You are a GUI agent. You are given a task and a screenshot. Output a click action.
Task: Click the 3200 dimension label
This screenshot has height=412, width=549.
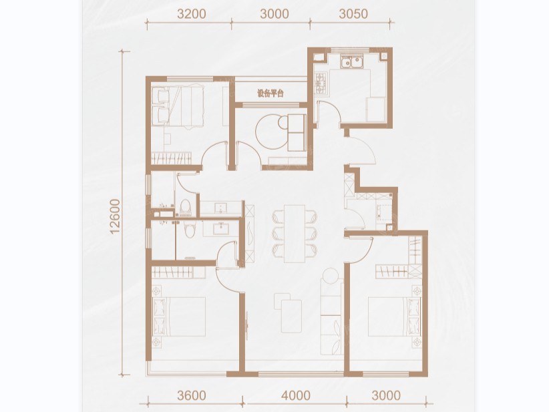(x=192, y=14)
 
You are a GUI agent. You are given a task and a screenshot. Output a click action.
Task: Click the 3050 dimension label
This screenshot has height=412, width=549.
(x=353, y=14)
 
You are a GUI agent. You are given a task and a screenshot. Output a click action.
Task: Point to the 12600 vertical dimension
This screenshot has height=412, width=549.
(x=115, y=216)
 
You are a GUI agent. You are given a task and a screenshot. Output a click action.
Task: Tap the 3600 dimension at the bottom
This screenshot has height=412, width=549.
(x=192, y=395)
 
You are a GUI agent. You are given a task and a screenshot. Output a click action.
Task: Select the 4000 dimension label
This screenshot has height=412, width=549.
(x=296, y=395)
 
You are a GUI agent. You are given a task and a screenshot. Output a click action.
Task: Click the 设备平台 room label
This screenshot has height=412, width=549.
(x=270, y=93)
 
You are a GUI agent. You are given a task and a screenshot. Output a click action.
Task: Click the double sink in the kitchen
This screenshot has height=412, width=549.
(x=351, y=62)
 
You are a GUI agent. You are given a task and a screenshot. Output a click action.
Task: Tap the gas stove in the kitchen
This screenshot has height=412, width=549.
(x=321, y=83)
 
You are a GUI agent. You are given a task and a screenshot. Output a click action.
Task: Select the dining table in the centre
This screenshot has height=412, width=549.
(x=295, y=234)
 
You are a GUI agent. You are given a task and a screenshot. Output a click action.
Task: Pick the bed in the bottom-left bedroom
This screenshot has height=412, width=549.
(x=180, y=317)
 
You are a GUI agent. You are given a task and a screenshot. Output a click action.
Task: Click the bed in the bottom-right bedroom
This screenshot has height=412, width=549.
(x=394, y=317)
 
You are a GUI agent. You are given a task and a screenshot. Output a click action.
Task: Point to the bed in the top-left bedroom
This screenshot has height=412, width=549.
(x=178, y=106)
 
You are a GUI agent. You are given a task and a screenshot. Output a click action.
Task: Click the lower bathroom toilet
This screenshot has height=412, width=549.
(x=190, y=229)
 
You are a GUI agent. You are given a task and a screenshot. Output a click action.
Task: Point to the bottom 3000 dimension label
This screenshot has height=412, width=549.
(x=386, y=395)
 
